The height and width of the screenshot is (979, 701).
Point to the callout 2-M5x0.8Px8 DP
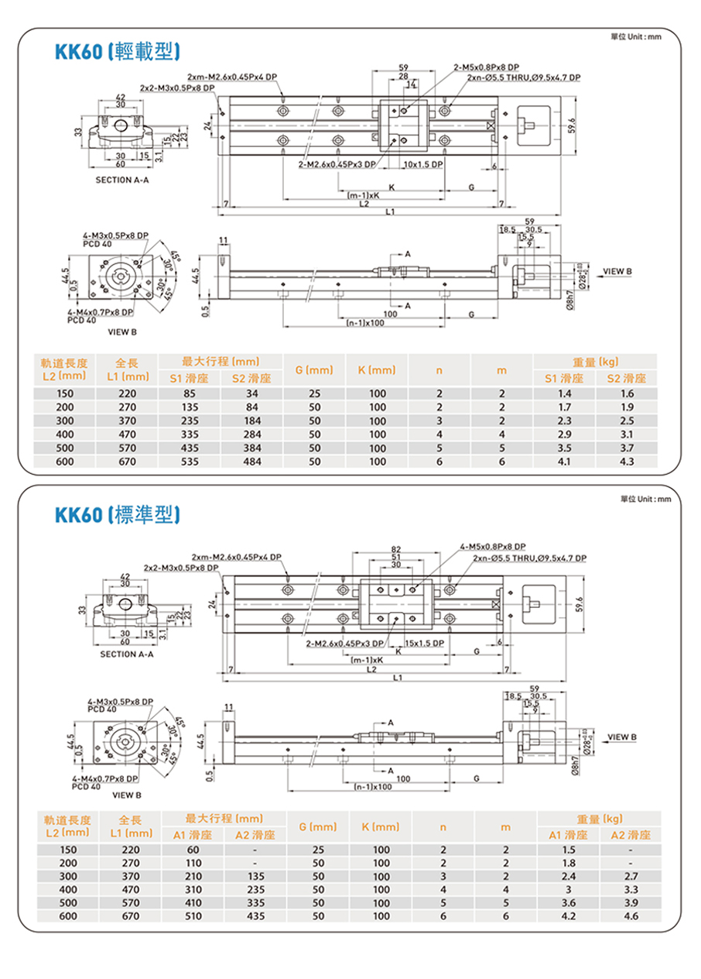(487, 67)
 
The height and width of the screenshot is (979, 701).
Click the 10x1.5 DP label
(423, 164)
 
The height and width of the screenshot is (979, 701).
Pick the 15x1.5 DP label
(424, 644)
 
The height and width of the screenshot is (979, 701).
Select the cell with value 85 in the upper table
(189, 393)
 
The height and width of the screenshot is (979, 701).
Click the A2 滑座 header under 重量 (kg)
(630, 835)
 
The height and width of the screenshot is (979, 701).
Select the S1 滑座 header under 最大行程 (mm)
(189, 379)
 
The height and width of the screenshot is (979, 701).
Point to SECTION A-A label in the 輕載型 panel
(121, 180)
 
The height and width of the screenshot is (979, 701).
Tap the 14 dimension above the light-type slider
(411, 83)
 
